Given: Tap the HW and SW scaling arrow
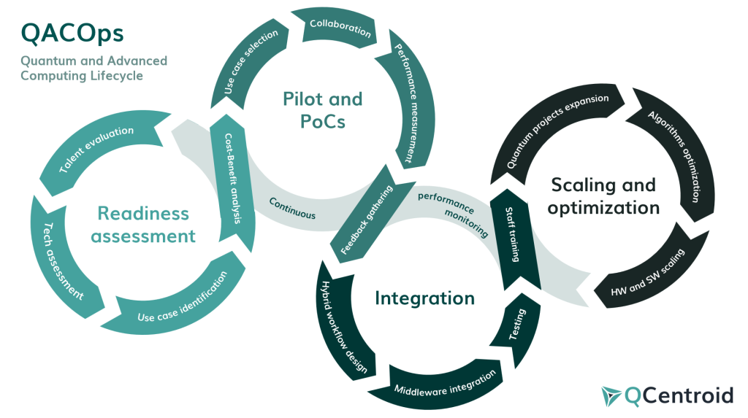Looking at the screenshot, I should [649, 276].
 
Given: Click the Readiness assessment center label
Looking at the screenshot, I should [147, 225].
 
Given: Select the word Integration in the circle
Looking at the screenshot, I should [424, 298].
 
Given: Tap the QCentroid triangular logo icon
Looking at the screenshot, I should [611, 395].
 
